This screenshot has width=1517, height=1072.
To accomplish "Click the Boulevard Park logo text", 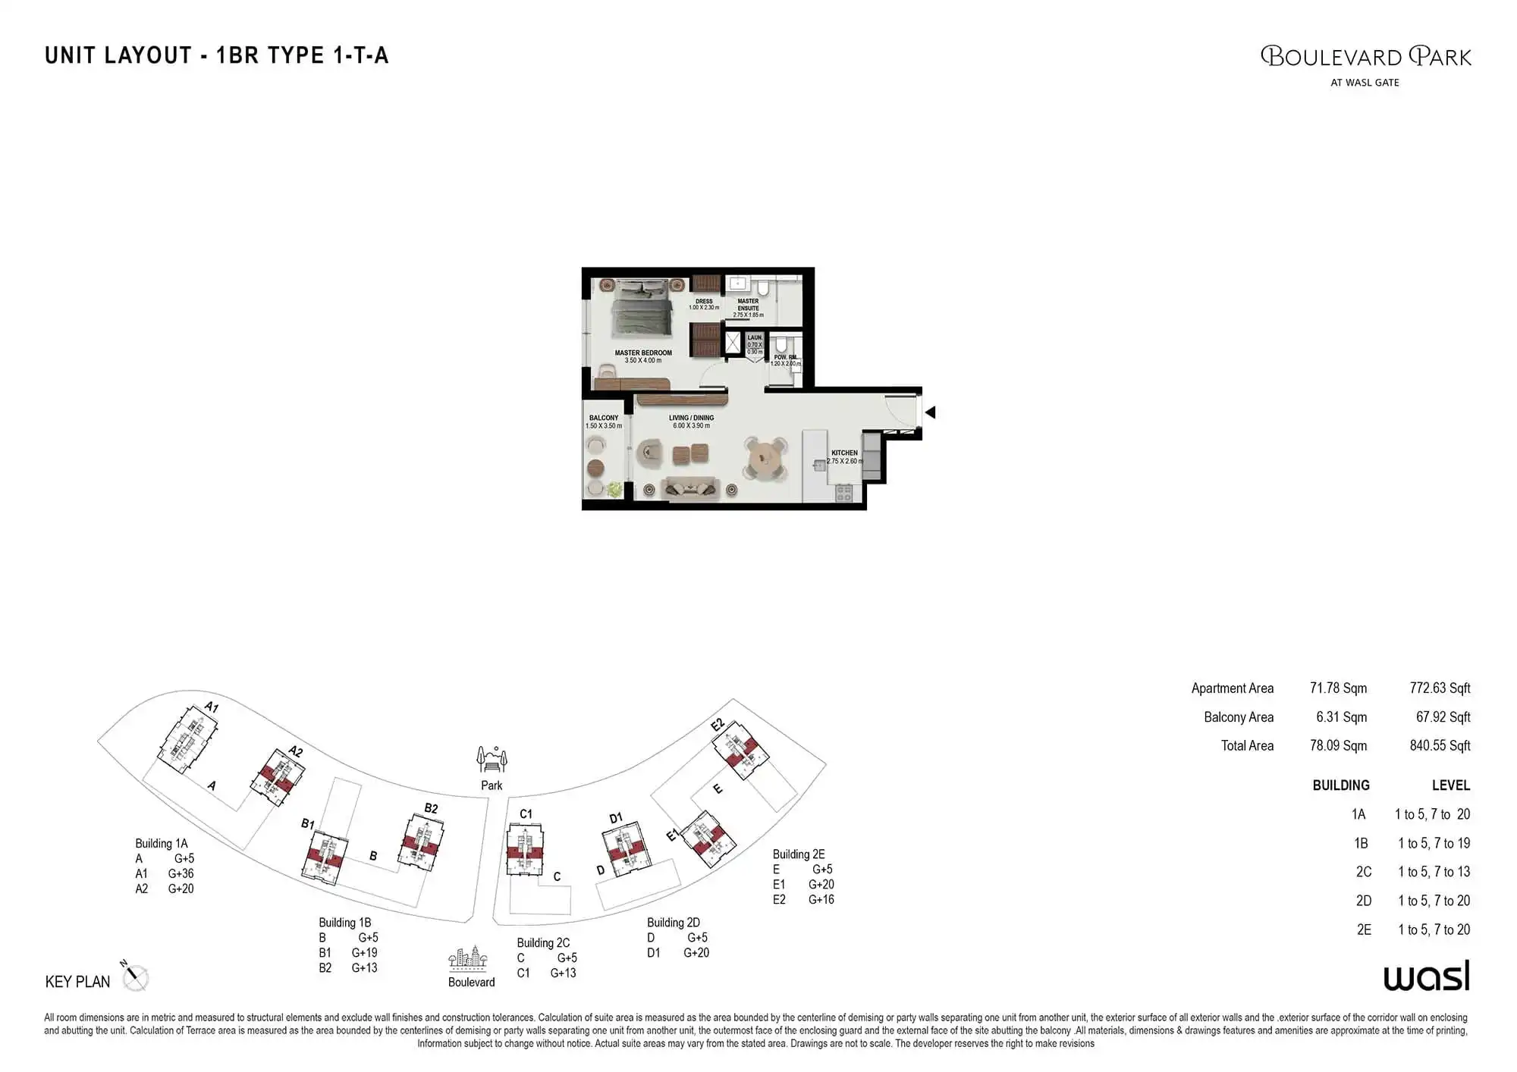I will pyautogui.click(x=1365, y=58).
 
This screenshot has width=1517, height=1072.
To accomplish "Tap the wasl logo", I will pyautogui.click(x=1426, y=976).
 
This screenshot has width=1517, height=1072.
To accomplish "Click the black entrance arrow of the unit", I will pyautogui.click(x=931, y=412).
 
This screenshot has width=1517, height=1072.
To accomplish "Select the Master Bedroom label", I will pyautogui.click(x=643, y=353).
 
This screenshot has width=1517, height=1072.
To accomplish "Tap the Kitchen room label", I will pyautogui.click(x=844, y=453).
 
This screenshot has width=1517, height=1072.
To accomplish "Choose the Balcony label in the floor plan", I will pyautogui.click(x=604, y=418).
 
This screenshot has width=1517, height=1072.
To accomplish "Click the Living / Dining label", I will pyautogui.click(x=691, y=418).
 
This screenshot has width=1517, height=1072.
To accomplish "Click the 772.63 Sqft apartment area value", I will pyautogui.click(x=1440, y=688).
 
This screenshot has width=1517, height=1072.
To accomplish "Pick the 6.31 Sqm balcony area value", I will pyautogui.click(x=1341, y=717).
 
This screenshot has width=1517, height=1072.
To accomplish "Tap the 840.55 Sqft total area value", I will pyautogui.click(x=1440, y=746).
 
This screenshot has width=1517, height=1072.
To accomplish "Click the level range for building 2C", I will pyautogui.click(x=1434, y=872).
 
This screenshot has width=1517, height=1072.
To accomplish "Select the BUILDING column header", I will pyautogui.click(x=1341, y=785).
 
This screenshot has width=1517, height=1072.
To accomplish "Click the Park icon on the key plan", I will pyautogui.click(x=492, y=758).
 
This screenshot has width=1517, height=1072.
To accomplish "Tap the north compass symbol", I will pyautogui.click(x=135, y=977).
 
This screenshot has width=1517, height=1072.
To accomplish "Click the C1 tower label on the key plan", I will pyautogui.click(x=526, y=814).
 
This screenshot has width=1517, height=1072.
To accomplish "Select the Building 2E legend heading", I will pyautogui.click(x=799, y=854).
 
